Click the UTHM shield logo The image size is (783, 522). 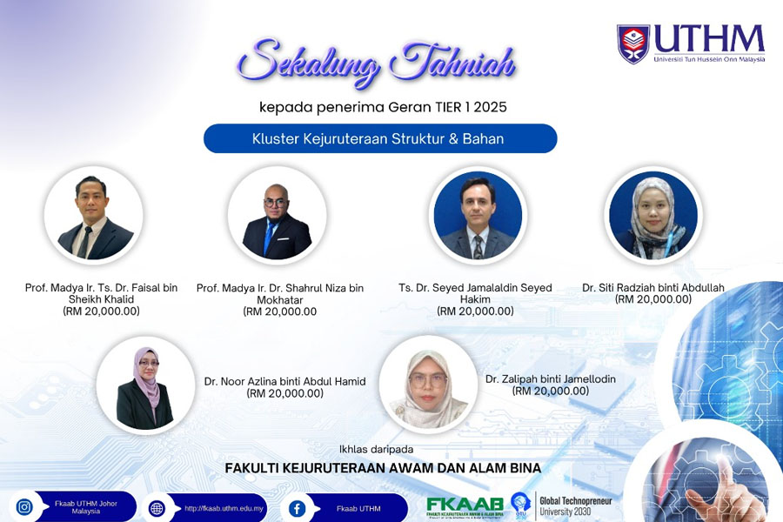pos(632,44)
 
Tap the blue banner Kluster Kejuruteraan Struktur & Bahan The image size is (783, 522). pos(379,138)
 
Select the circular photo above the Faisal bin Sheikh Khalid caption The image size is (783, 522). pos(94,215)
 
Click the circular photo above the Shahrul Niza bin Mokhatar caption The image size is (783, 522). pos(277,215)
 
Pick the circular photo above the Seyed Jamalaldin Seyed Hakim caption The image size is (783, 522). pos(478,215)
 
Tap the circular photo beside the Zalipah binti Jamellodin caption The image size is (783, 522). pos(428,384)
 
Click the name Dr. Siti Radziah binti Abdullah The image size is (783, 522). pos(653,288)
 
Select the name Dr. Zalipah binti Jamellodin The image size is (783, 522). pos(550,378)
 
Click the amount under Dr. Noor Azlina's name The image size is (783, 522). pos(285,393)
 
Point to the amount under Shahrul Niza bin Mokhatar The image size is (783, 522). pos(280,311)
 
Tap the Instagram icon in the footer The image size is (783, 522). pos(24,507)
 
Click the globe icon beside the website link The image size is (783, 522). pos(157,508)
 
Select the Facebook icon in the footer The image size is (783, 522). pos(298,508)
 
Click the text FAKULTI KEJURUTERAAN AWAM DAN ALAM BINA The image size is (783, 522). pos(383,468)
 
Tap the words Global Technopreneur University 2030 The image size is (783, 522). pos(578,505)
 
